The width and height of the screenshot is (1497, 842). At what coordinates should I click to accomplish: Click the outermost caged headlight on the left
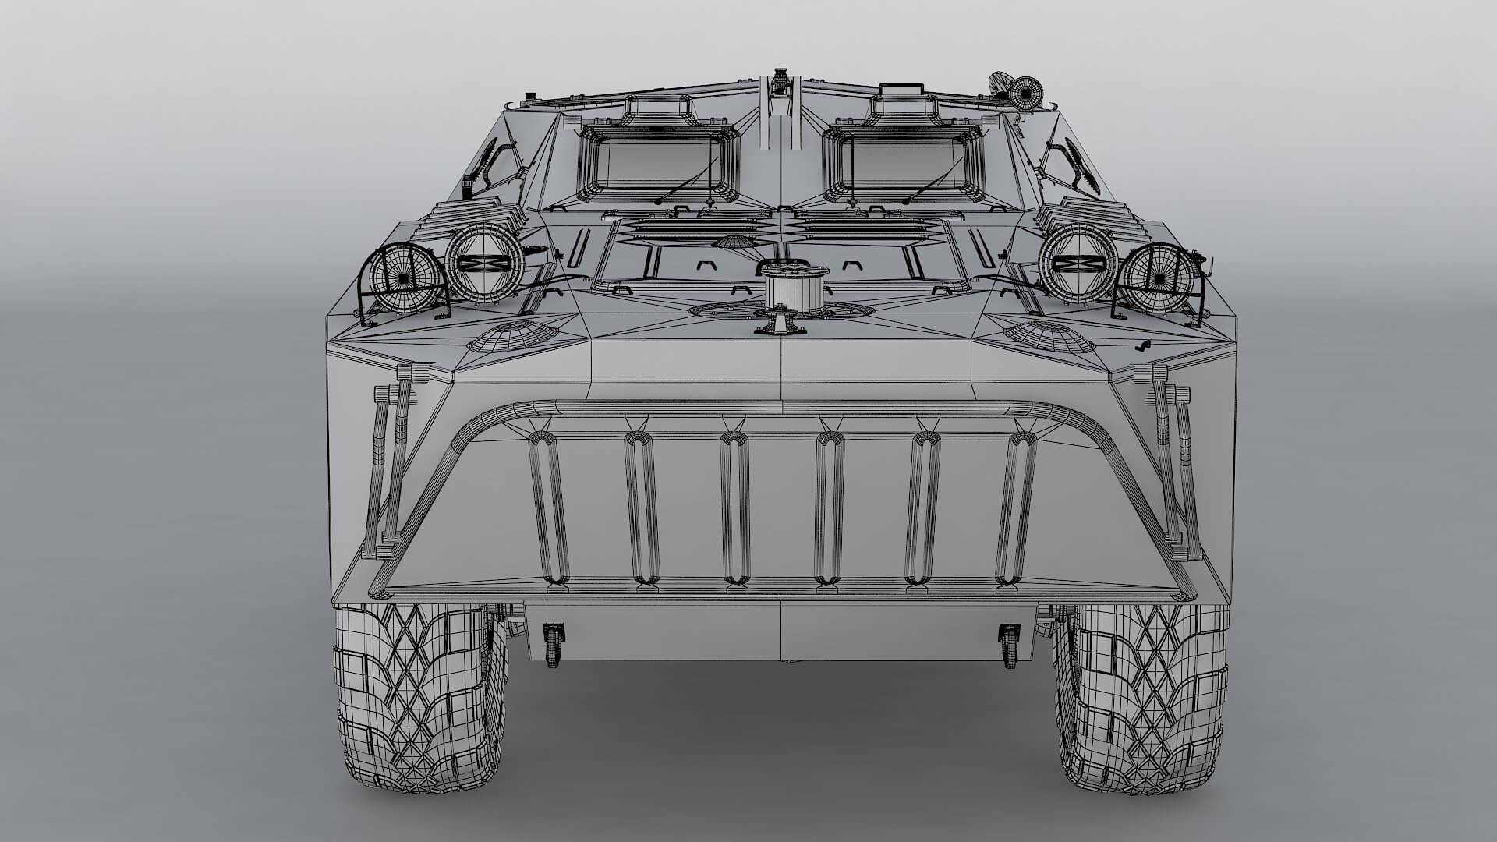[x=401, y=277]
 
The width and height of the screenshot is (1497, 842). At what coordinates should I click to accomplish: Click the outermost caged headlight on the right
[x=1158, y=277]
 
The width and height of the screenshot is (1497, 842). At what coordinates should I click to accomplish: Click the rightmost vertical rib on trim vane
[x=1016, y=511]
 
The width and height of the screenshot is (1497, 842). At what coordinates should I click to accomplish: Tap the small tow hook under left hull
[x=553, y=644]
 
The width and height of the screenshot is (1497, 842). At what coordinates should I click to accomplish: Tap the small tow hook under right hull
[x=1009, y=644]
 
